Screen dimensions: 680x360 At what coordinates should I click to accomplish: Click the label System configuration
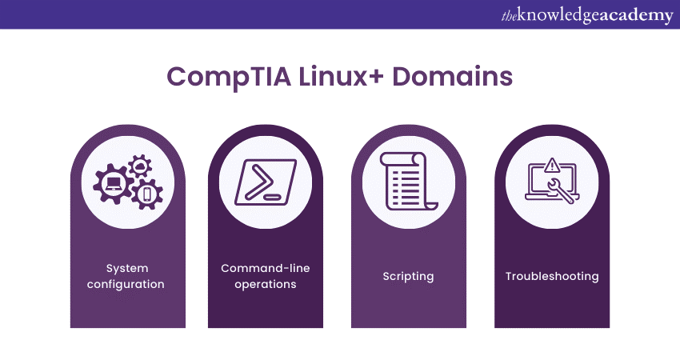click(x=127, y=276)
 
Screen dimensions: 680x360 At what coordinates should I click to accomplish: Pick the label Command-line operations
click(x=266, y=276)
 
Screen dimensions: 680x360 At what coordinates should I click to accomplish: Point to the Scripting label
click(x=408, y=276)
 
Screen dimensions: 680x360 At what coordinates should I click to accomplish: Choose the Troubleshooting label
click(x=552, y=276)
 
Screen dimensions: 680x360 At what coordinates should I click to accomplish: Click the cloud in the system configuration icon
click(x=141, y=164)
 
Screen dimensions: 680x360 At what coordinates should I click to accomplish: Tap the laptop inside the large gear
click(x=113, y=183)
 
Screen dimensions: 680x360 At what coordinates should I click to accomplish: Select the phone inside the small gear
click(x=146, y=194)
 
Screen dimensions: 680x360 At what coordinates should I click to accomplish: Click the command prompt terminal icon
click(x=265, y=179)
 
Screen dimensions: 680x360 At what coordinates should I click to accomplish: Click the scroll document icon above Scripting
click(x=409, y=179)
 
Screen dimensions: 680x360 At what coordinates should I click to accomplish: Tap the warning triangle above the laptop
click(x=552, y=165)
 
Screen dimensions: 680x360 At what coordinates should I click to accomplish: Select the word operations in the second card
click(x=266, y=284)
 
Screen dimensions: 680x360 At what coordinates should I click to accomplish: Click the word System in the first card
click(x=127, y=268)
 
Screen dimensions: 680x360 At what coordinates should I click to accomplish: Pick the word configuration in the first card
click(x=127, y=284)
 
